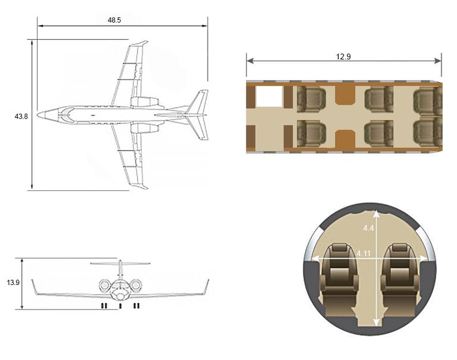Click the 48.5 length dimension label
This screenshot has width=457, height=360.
[114, 20]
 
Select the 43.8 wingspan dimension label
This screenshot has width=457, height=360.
[21, 116]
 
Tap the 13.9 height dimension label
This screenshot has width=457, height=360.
[13, 283]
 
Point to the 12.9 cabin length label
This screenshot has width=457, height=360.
[343, 57]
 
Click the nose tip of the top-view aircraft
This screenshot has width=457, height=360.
[38, 114]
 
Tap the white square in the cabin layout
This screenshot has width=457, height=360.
[269, 97]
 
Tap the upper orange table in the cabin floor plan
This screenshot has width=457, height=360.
[344, 94]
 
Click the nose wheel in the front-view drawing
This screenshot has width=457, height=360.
[120, 306]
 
